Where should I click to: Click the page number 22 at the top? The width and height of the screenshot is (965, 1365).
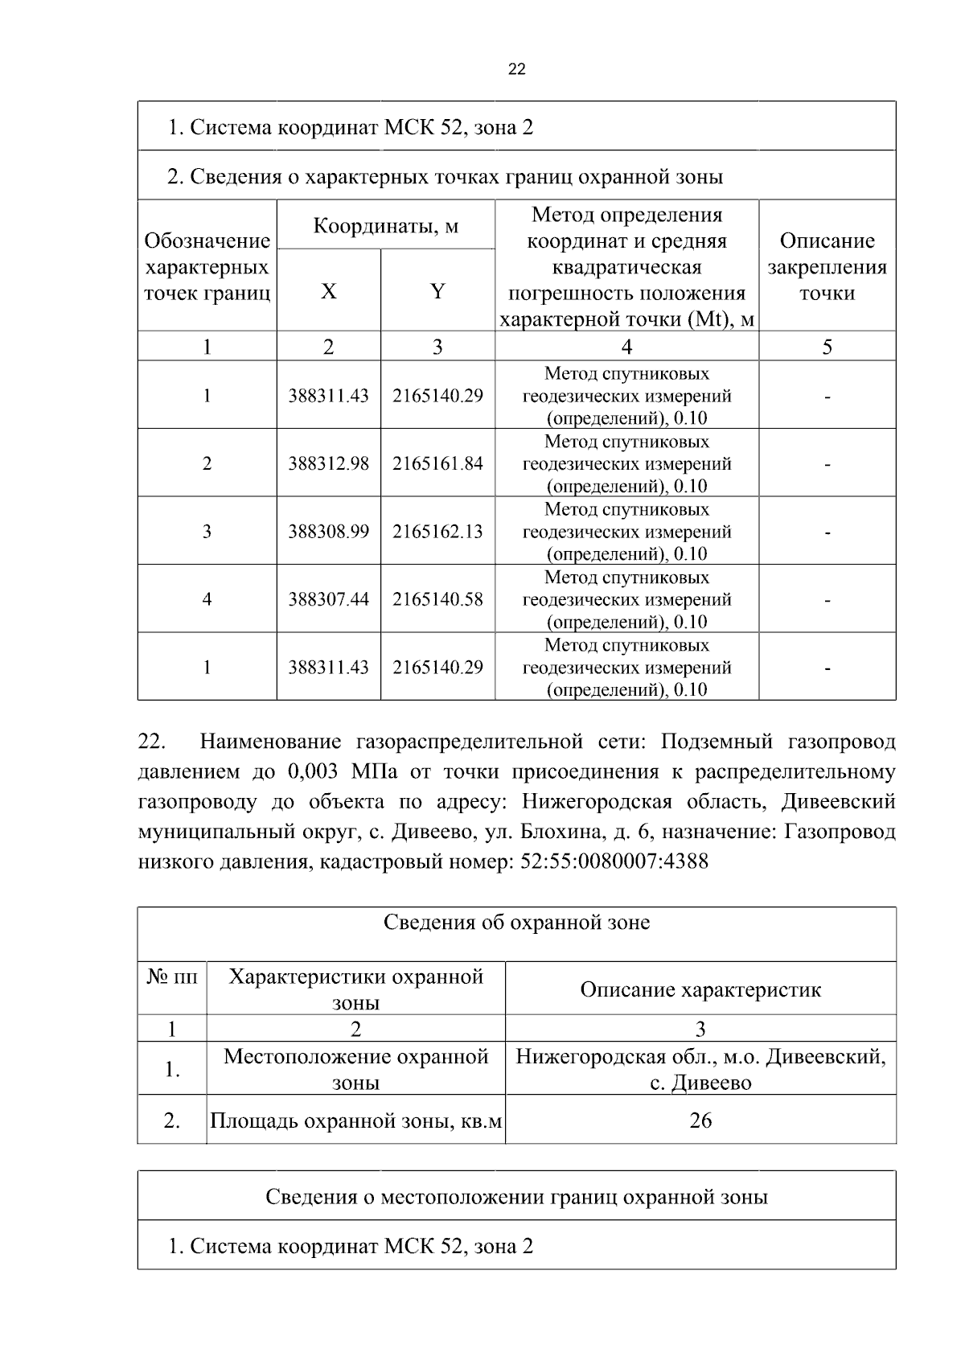click(517, 69)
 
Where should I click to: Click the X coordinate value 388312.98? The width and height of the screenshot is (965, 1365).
click(328, 464)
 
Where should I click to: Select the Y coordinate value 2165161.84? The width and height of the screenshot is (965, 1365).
click(437, 464)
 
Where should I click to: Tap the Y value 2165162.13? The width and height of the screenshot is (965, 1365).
click(437, 532)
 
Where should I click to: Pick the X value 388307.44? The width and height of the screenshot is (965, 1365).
click(328, 599)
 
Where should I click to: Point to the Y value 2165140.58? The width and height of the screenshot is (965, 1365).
click(437, 599)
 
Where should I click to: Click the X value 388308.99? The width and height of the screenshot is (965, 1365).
click(328, 532)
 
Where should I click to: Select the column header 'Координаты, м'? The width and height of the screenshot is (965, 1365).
click(385, 225)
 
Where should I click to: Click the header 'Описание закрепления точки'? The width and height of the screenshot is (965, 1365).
click(827, 267)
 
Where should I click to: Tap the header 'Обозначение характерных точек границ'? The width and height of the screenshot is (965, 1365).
click(207, 267)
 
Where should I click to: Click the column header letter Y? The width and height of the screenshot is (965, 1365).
click(437, 291)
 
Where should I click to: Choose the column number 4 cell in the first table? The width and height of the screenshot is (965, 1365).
click(626, 347)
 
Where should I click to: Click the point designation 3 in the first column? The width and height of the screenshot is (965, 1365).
click(207, 532)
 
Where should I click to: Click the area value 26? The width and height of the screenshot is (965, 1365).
click(700, 1120)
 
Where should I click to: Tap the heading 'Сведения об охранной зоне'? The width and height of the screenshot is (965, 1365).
click(516, 923)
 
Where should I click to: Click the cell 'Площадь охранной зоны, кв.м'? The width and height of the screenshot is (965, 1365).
click(356, 1120)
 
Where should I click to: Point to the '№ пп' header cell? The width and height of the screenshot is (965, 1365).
click(172, 977)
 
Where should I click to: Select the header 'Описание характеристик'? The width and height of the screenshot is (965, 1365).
click(700, 989)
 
